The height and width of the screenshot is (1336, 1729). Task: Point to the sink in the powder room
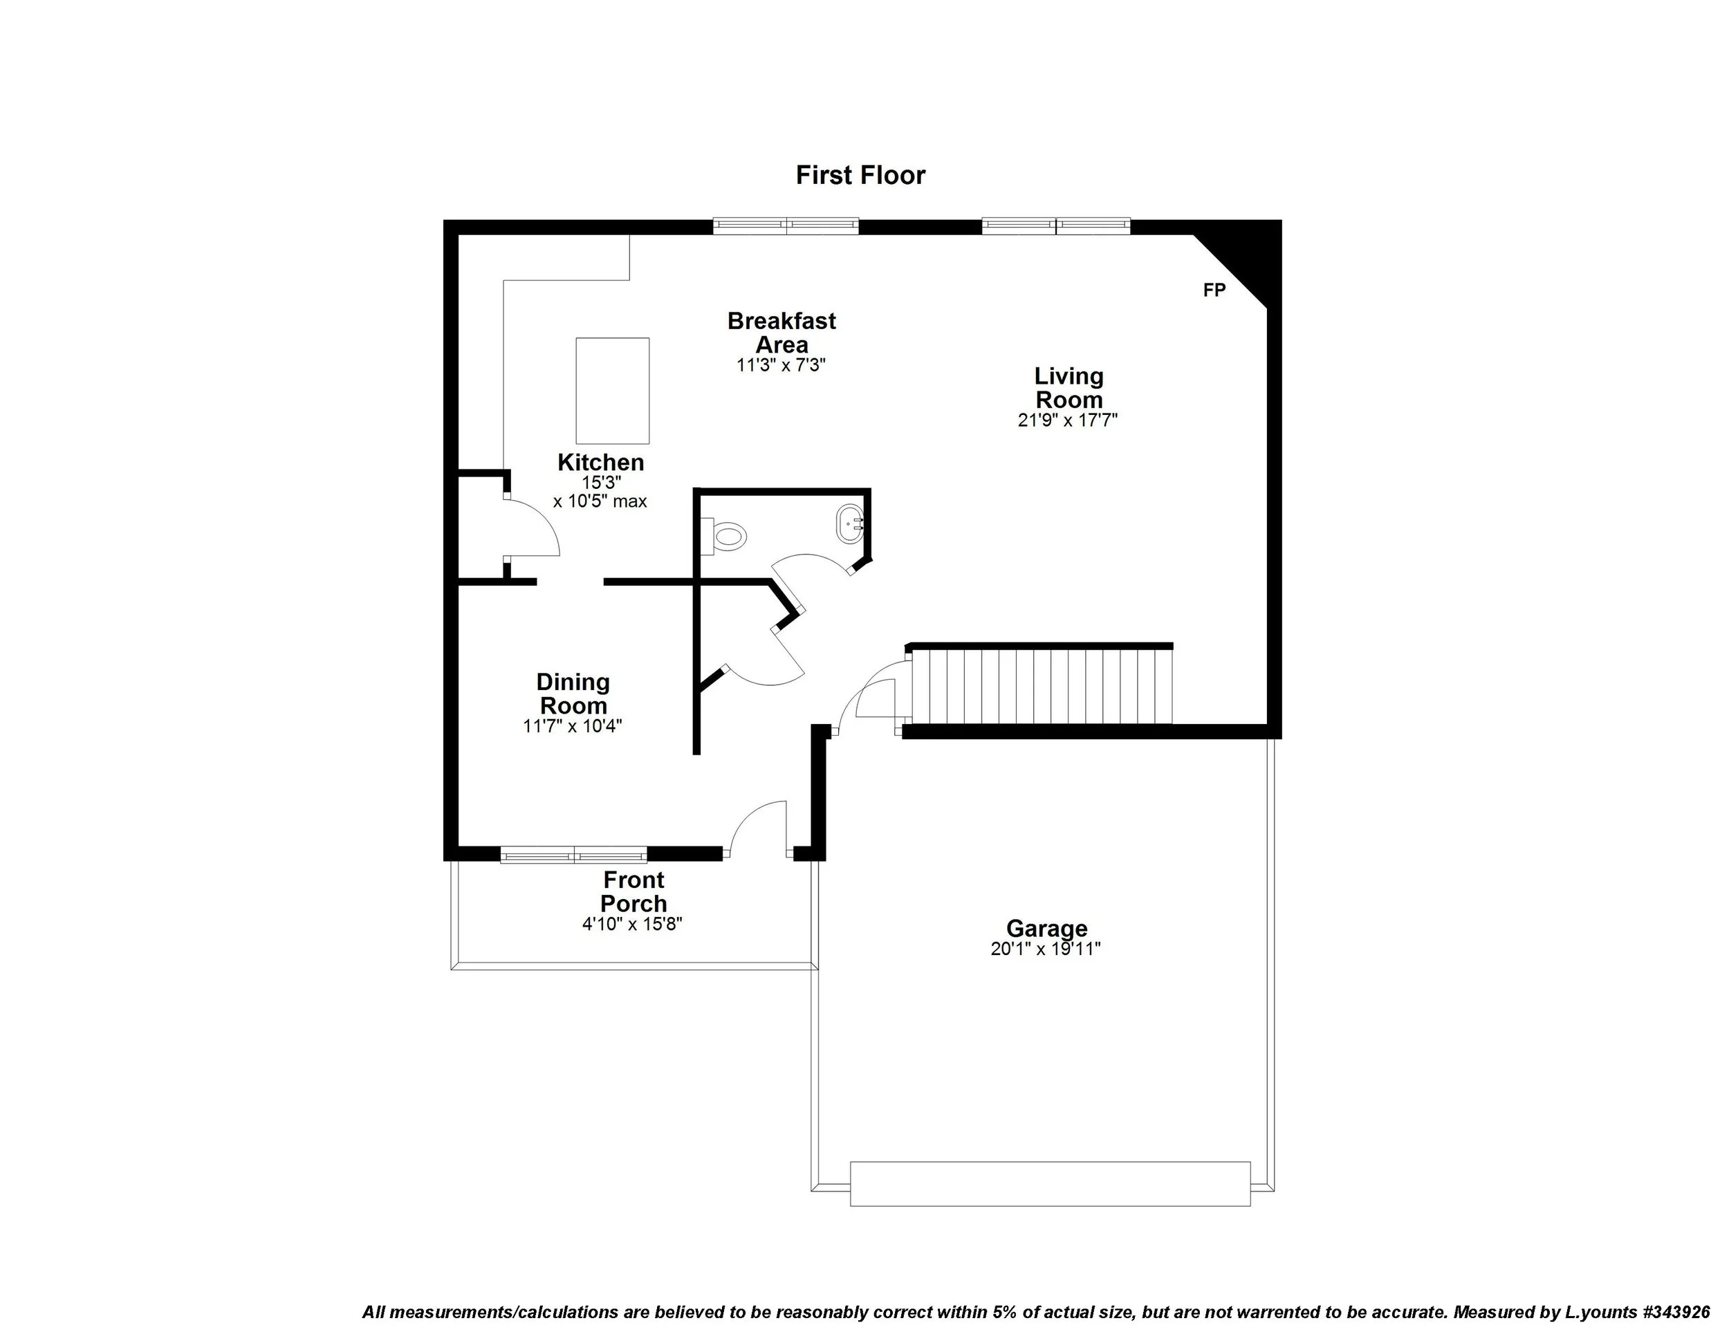coord(849,524)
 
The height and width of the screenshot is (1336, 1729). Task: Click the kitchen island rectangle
coord(612,390)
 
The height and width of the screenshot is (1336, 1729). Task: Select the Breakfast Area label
coord(782,333)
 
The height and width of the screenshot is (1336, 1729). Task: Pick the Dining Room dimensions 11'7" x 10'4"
coord(573,726)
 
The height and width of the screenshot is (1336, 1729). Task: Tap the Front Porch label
coord(634,891)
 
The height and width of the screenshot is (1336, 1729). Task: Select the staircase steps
coord(1041,686)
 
